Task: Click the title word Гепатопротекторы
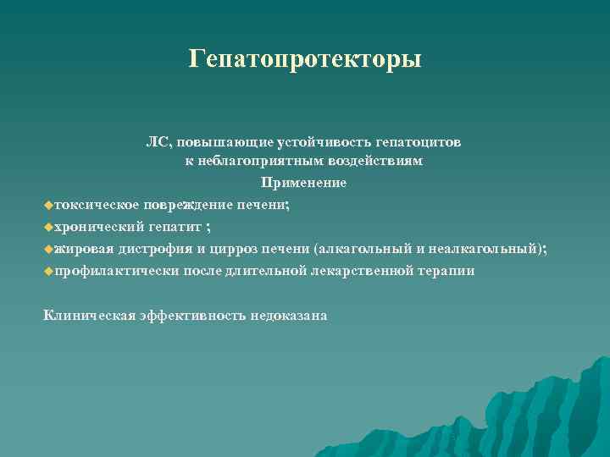(305, 59)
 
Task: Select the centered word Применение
(304, 183)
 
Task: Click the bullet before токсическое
(47, 205)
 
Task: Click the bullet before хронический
(47, 227)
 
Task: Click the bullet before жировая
(47, 249)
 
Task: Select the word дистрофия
(152, 249)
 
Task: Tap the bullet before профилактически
(47, 271)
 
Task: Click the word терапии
(446, 271)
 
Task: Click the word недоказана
(289, 315)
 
